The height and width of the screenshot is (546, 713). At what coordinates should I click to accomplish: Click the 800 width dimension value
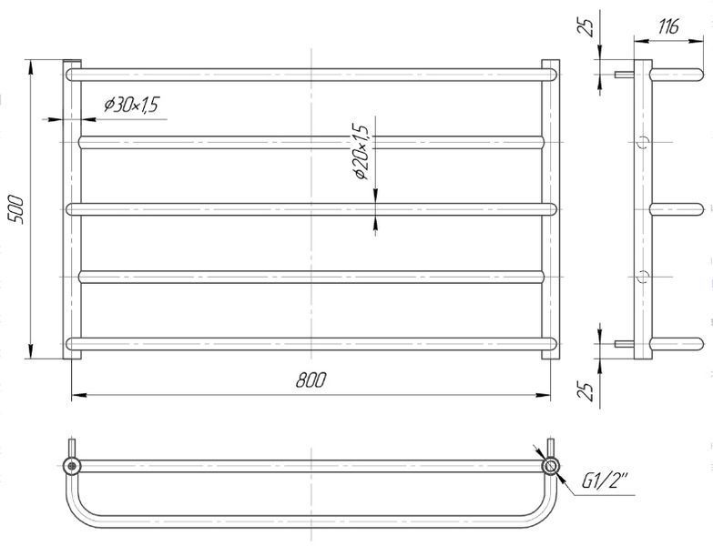click(x=311, y=379)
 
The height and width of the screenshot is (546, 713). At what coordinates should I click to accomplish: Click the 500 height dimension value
click(x=15, y=209)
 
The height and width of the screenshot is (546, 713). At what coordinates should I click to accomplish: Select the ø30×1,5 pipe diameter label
click(x=131, y=105)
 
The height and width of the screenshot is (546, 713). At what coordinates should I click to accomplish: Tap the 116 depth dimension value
click(x=668, y=26)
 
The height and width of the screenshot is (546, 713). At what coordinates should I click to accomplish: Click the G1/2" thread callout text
click(x=605, y=481)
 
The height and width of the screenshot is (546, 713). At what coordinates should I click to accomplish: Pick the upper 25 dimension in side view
click(x=586, y=28)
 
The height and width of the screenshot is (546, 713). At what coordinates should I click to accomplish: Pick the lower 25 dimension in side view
click(x=586, y=390)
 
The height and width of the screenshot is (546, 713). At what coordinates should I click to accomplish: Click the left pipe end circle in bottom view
click(x=72, y=466)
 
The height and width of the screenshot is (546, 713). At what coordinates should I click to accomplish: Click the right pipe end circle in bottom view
click(x=551, y=466)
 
